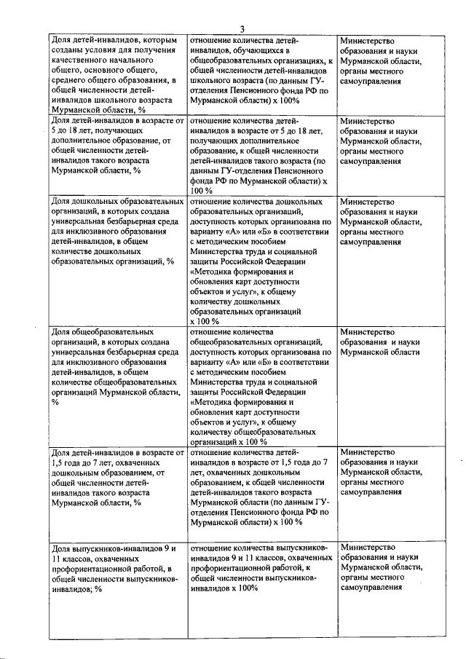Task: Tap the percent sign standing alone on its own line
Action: point(55,401)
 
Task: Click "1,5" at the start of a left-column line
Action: point(58,462)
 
